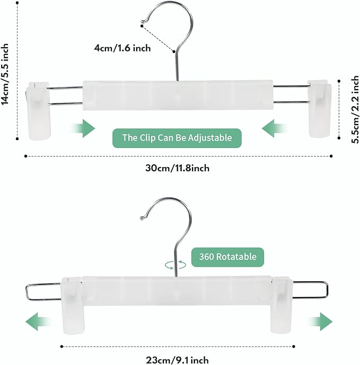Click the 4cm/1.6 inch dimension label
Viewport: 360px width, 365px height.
pos(122,48)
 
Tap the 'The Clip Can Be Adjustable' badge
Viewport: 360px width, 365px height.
pos(177,138)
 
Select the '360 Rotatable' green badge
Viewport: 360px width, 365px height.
pos(227,257)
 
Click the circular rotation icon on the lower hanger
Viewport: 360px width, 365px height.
pos(175,264)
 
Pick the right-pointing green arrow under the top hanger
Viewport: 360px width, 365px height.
pos(82,128)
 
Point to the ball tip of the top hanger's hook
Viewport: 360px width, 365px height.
pos(142,23)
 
